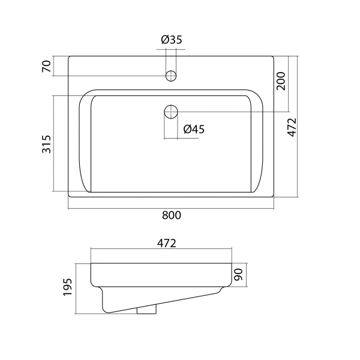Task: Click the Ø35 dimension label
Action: click(x=172, y=40)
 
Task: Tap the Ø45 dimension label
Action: click(x=194, y=129)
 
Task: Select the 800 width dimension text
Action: click(x=172, y=215)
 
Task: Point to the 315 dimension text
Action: click(x=46, y=144)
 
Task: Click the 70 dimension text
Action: click(x=46, y=66)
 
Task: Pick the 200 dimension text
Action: click(x=281, y=81)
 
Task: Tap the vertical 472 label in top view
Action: click(x=292, y=127)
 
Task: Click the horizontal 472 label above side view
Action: click(x=167, y=244)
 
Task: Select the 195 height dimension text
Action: click(x=68, y=287)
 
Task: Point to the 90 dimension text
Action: click(x=238, y=275)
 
